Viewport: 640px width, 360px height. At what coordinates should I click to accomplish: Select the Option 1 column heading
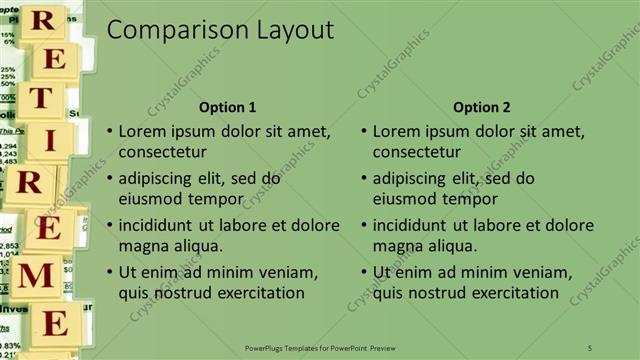click(x=228, y=107)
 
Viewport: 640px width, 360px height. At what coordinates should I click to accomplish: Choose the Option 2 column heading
click(x=482, y=107)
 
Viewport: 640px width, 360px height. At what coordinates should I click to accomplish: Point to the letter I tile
click(x=48, y=141)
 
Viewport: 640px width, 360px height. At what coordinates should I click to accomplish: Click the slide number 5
click(x=590, y=347)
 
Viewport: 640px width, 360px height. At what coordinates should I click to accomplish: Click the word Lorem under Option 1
click(x=143, y=131)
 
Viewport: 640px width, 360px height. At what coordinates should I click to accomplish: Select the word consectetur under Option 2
click(x=417, y=153)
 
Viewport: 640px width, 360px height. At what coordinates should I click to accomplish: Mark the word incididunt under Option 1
click(x=162, y=225)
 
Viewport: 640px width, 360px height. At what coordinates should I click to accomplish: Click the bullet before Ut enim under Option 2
click(x=363, y=272)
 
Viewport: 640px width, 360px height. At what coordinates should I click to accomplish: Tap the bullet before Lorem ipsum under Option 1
click(x=109, y=131)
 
